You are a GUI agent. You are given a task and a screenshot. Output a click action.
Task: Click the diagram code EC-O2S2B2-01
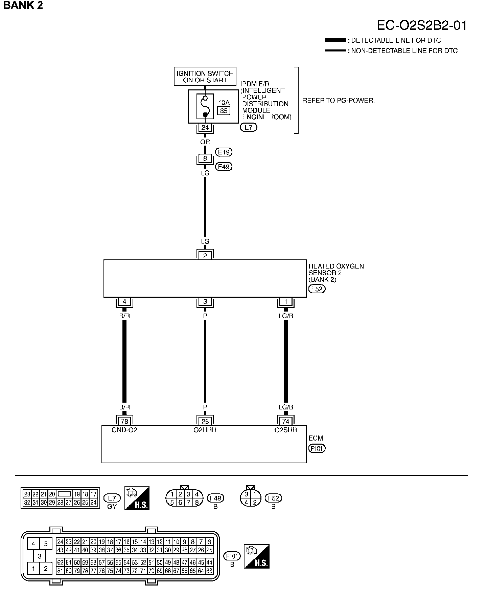click(x=422, y=26)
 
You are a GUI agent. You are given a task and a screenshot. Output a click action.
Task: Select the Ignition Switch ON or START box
click(x=205, y=77)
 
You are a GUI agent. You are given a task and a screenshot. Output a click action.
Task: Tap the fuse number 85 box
click(x=224, y=111)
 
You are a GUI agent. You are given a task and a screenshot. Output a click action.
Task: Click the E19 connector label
click(x=224, y=152)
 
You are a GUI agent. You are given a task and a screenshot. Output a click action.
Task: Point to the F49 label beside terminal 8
click(x=224, y=167)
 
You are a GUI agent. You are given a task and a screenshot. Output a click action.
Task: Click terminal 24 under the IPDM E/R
click(x=205, y=128)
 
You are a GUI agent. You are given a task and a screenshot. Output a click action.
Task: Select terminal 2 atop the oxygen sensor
click(x=205, y=256)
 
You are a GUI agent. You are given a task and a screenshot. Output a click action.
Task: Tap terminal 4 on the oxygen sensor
click(x=124, y=301)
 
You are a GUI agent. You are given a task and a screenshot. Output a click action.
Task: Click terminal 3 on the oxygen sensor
click(x=205, y=301)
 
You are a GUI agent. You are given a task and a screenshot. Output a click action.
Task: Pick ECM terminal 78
click(x=124, y=422)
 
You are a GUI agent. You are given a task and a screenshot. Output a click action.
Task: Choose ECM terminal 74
click(x=286, y=422)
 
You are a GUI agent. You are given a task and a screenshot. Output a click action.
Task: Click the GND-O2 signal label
click(x=124, y=430)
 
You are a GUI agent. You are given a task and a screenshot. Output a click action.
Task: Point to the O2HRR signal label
click(x=205, y=430)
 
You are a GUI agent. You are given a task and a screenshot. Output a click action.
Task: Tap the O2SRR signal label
click(x=286, y=430)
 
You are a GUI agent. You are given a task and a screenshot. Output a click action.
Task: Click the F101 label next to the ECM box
click(x=317, y=449)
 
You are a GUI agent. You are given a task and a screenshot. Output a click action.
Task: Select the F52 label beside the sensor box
click(x=317, y=289)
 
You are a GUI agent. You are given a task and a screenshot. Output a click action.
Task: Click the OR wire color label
click(x=205, y=142)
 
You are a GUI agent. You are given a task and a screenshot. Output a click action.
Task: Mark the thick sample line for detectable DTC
click(x=335, y=40)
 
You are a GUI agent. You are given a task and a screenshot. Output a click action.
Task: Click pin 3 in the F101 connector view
click(x=40, y=556)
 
